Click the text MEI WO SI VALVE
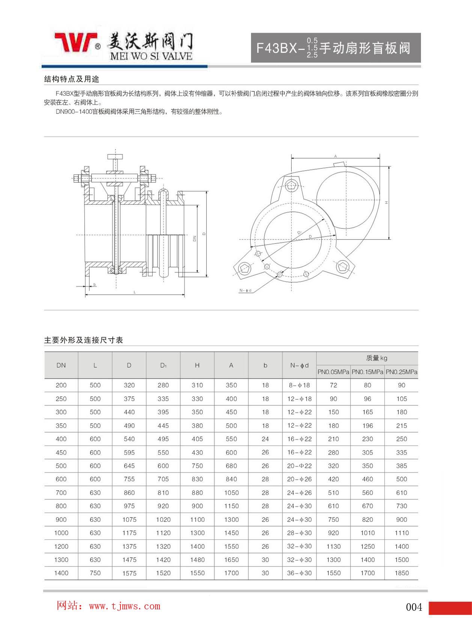151,56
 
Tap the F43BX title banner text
333,48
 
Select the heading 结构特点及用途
72,79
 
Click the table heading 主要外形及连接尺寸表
84,340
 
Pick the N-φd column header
299,365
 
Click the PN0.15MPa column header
367,372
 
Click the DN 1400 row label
61,573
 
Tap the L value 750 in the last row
95,573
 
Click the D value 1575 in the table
129,573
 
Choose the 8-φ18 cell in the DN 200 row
299,385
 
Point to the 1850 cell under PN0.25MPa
401,573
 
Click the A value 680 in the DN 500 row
231,466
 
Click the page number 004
414,607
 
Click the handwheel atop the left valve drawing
115,156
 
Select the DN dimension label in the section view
195,238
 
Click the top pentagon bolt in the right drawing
292,185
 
